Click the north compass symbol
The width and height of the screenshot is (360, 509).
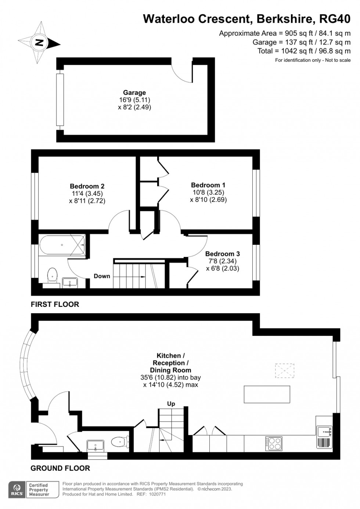click(x=39, y=43)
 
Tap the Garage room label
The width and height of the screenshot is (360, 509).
click(x=134, y=93)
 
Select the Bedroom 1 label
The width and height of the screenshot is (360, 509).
click(x=208, y=185)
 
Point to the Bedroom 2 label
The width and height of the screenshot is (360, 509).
click(x=87, y=186)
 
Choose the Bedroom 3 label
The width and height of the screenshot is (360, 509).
click(x=223, y=254)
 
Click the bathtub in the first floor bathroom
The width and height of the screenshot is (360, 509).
click(x=62, y=245)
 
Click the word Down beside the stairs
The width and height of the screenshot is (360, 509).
click(x=102, y=276)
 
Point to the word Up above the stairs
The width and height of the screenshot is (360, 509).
click(x=171, y=404)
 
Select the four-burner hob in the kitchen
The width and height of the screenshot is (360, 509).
click(x=274, y=444)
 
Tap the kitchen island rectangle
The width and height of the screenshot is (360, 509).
click(x=267, y=394)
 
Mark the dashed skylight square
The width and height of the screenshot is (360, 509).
click(x=285, y=371)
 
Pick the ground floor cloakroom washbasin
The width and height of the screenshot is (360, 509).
click(x=96, y=445)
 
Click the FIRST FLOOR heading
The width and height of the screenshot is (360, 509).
click(x=55, y=304)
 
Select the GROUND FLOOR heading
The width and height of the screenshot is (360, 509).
click(x=60, y=468)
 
